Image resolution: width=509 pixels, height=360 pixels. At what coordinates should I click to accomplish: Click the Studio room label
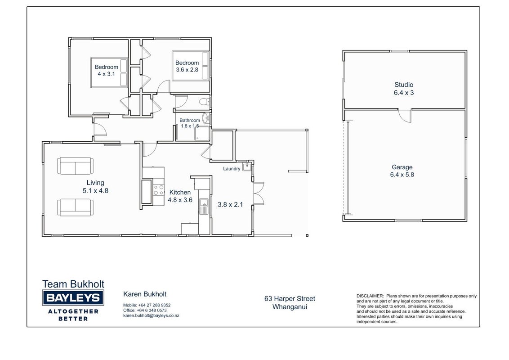click(x=404, y=85)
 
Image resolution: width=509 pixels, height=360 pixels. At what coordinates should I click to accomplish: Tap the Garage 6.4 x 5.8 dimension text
click(x=402, y=175)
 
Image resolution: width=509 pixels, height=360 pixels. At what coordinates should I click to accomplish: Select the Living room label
click(x=95, y=183)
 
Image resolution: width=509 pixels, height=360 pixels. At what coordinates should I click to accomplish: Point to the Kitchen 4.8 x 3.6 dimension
click(x=180, y=200)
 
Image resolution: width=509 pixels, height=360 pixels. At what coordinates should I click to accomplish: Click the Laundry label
click(x=232, y=169)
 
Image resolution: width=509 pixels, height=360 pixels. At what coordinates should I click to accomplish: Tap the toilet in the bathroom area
click(x=205, y=102)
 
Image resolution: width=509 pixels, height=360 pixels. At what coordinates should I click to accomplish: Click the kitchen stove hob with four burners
click(x=159, y=190)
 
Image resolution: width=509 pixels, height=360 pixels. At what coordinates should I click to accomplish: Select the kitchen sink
click(x=204, y=206)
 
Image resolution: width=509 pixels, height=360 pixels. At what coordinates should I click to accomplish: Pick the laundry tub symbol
click(x=247, y=167)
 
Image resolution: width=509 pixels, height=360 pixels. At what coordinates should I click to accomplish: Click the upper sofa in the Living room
click(x=75, y=166)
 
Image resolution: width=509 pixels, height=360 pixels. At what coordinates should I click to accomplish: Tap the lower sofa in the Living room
click(x=75, y=207)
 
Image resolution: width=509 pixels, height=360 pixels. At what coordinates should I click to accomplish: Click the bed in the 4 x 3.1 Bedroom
click(x=109, y=72)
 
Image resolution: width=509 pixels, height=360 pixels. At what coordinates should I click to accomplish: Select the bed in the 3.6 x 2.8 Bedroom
click(x=191, y=66)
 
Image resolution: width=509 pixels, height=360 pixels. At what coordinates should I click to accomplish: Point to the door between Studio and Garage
click(x=405, y=116)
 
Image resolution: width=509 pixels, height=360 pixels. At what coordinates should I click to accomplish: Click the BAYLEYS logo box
click(x=73, y=297)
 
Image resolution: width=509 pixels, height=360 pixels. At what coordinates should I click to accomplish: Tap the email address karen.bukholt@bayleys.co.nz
click(x=151, y=315)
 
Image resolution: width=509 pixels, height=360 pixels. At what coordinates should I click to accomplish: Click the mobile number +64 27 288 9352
click(x=154, y=305)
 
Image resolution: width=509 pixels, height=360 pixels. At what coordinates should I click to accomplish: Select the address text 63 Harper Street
click(x=290, y=299)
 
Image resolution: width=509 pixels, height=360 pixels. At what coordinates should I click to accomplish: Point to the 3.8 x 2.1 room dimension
click(x=230, y=205)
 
